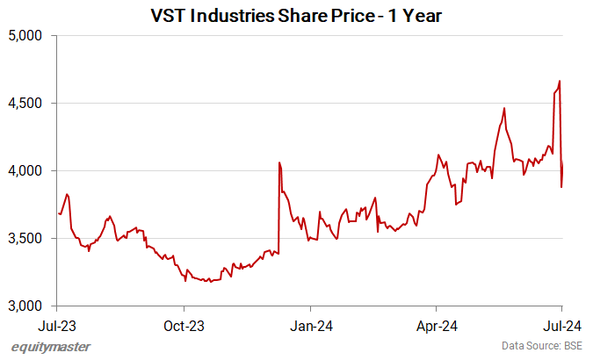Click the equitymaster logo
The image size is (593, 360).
click(x=51, y=346)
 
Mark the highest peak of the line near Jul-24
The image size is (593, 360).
click(x=560, y=82)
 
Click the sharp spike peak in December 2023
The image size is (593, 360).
click(x=279, y=162)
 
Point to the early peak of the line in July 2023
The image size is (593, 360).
click(x=68, y=194)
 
